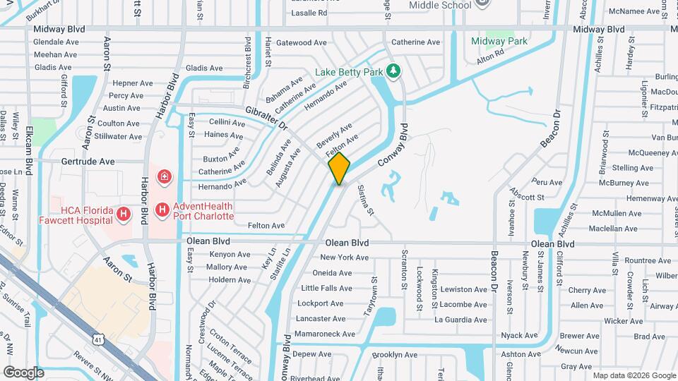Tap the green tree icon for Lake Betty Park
(x=394, y=71)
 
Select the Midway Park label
(x=499, y=41)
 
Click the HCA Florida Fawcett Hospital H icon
(x=124, y=213)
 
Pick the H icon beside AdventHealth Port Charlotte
(x=162, y=210)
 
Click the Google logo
(x=23, y=372)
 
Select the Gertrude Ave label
(x=88, y=161)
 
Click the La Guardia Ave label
(x=460, y=320)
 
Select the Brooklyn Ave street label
(x=395, y=354)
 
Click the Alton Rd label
(x=489, y=54)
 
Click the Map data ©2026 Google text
(x=634, y=375)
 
